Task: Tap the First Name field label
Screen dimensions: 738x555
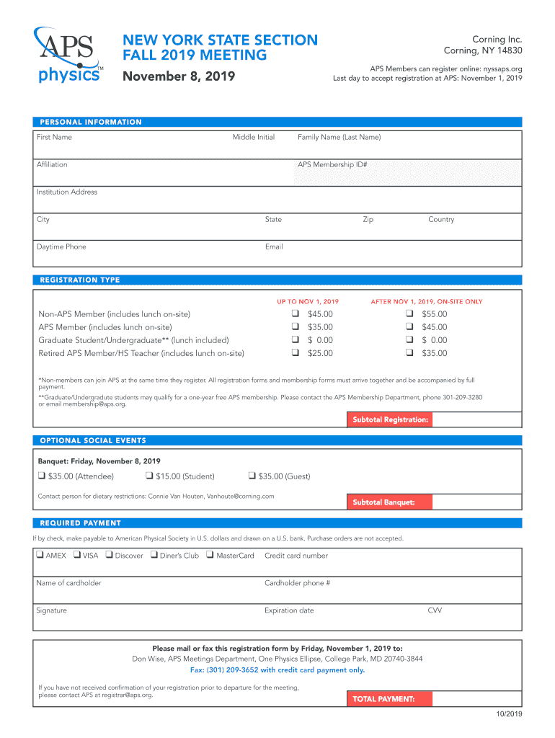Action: [x=54, y=137]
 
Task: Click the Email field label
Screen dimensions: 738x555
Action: [x=274, y=246]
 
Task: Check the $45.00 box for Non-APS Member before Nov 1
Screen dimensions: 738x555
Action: [x=295, y=314]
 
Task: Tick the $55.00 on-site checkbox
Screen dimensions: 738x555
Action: [x=409, y=314]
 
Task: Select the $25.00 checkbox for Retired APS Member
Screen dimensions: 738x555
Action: [x=295, y=353]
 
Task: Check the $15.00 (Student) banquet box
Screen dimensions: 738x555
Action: [x=149, y=476]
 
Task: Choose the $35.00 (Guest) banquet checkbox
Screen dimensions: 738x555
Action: [x=252, y=476]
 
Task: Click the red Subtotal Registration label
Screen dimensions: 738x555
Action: [x=390, y=419]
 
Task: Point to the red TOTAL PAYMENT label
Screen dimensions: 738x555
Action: [x=390, y=698]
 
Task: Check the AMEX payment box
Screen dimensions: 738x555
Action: [x=40, y=555]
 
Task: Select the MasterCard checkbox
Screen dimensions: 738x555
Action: [x=210, y=555]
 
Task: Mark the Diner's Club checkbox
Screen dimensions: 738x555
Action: [x=154, y=555]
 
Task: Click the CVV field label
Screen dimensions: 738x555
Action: [x=435, y=610]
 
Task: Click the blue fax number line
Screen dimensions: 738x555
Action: [x=277, y=670]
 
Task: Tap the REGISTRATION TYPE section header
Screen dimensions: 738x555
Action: [x=80, y=280]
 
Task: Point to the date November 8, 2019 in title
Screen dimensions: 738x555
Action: [x=178, y=76]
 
